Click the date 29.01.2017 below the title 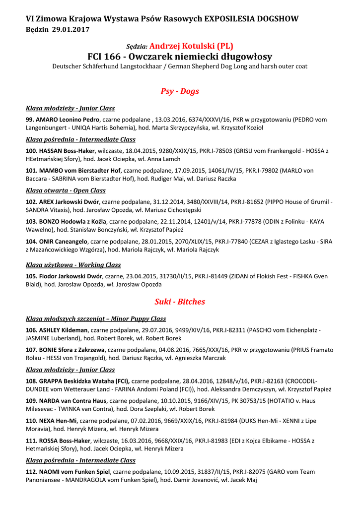click(71, 30)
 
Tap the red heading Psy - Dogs click(180, 91)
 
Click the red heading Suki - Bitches click(180, 302)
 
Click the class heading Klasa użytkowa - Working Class click(73, 265)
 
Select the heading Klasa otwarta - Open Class click(66, 190)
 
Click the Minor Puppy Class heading click(96, 318)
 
